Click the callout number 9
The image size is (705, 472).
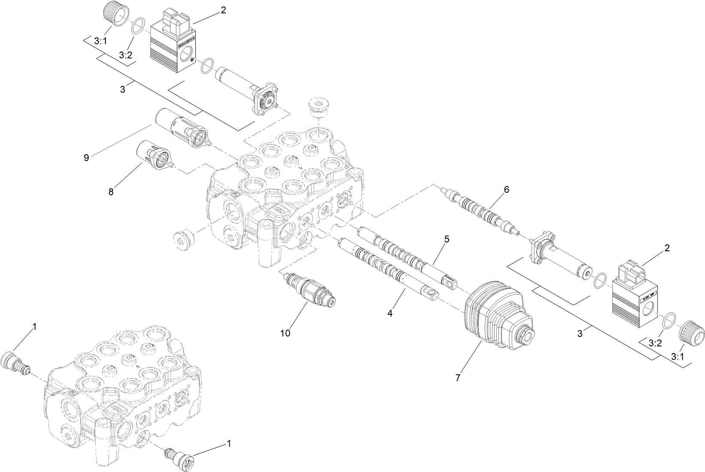pyautogui.click(x=86, y=157)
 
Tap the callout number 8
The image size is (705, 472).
pyautogui.click(x=111, y=192)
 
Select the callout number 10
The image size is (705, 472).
pyautogui.click(x=285, y=333)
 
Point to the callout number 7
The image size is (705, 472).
pyautogui.click(x=458, y=378)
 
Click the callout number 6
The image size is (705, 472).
pyautogui.click(x=506, y=189)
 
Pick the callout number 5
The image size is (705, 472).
pyautogui.click(x=447, y=239)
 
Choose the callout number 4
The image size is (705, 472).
pyautogui.click(x=390, y=314)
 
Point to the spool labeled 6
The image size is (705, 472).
pyautogui.click(x=481, y=210)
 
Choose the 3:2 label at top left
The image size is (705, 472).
pyautogui.click(x=125, y=55)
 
